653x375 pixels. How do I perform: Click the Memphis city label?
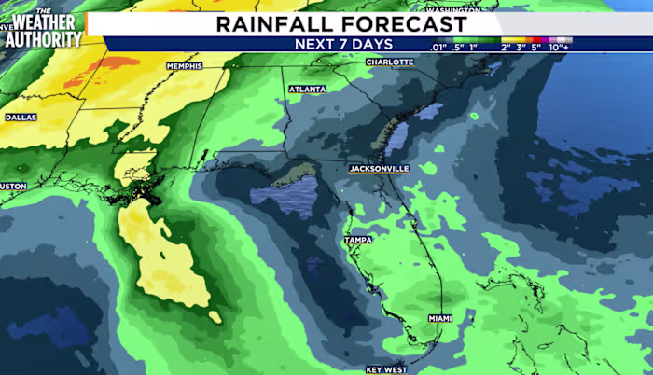pyautogui.click(x=184, y=66)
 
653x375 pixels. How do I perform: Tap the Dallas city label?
pyautogui.click(x=21, y=118)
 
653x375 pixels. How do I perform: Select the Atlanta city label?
pyautogui.click(x=308, y=90)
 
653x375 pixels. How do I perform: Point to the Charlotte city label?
pyautogui.click(x=390, y=62)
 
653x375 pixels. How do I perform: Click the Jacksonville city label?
pyautogui.click(x=379, y=169)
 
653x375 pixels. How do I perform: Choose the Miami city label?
pyautogui.click(x=440, y=318)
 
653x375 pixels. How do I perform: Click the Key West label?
pyautogui.click(x=386, y=369)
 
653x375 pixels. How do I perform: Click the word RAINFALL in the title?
pyautogui.click(x=270, y=23)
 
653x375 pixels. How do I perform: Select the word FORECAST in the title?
pyautogui.click(x=400, y=23)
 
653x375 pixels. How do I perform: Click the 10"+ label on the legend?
pyautogui.click(x=560, y=46)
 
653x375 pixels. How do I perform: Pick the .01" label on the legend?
pyautogui.click(x=438, y=46)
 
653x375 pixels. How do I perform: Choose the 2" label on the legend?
pyautogui.click(x=506, y=46)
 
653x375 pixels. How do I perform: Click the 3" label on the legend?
pyautogui.click(x=522, y=46)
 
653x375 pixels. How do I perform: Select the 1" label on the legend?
pyautogui.click(x=473, y=46)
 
